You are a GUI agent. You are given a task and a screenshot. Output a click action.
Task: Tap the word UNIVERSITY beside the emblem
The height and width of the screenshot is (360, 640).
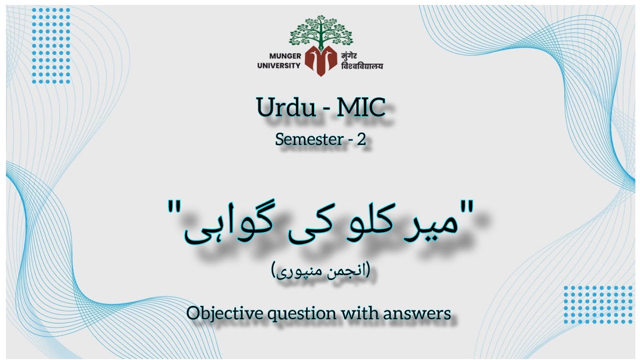click(x=279, y=65)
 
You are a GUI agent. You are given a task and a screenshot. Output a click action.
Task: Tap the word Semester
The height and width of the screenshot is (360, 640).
click(x=308, y=140)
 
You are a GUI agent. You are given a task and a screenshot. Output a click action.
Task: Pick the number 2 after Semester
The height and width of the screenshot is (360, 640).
click(x=361, y=140)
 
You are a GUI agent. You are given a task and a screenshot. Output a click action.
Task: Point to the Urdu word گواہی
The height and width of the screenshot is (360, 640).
click(x=222, y=222)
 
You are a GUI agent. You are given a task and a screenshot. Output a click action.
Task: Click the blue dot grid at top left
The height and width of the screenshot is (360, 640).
click(x=51, y=45)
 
